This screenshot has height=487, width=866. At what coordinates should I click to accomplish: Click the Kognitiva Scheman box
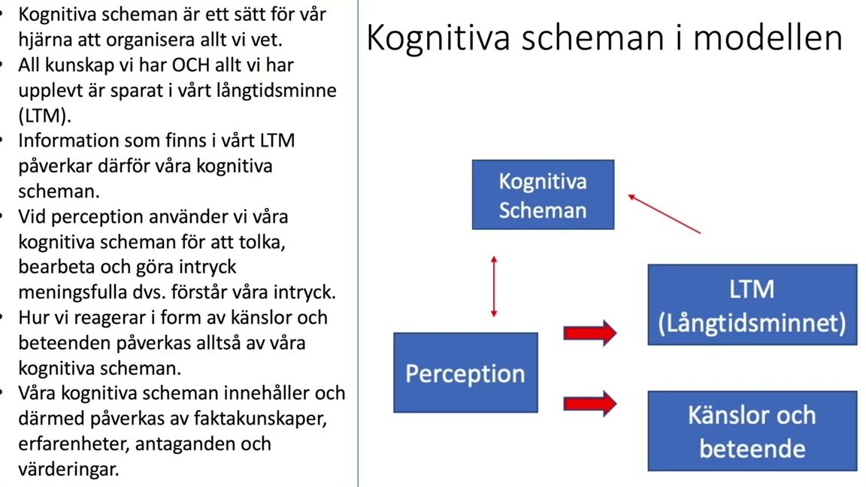pyautogui.click(x=543, y=195)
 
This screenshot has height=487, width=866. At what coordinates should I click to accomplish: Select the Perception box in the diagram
pyautogui.click(x=465, y=373)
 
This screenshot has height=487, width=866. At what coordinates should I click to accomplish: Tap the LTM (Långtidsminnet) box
pyautogui.click(x=752, y=305)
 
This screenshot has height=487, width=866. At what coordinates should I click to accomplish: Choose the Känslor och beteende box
pyautogui.click(x=752, y=431)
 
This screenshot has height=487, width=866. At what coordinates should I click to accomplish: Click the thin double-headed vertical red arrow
pyautogui.click(x=494, y=286)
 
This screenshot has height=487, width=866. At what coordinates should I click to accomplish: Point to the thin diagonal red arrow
pyautogui.click(x=665, y=213)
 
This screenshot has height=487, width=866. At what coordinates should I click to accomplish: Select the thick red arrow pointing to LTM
pyautogui.click(x=590, y=333)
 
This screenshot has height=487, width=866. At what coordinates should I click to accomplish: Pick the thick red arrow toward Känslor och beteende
pyautogui.click(x=590, y=404)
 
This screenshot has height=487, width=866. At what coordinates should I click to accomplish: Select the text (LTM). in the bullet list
pyautogui.click(x=45, y=116)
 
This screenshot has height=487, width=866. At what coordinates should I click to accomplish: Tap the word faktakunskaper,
pyautogui.click(x=261, y=419)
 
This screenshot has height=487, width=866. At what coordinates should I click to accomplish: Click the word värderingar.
pyautogui.click(x=68, y=470)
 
